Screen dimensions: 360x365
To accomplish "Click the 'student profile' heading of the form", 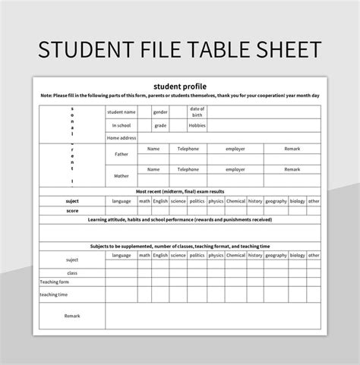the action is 179,85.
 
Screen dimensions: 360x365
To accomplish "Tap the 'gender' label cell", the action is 161,112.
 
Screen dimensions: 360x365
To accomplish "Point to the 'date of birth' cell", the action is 197,112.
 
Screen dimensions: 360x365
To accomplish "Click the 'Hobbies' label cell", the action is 197,125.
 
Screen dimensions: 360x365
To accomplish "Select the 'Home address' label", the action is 121,138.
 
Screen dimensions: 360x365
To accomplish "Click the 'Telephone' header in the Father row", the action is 188,149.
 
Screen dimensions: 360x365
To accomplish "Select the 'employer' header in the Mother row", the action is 235,170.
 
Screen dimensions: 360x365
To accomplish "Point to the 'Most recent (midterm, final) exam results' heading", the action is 180,192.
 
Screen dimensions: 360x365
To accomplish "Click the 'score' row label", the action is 72,210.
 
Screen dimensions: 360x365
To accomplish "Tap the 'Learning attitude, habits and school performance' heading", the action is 180,219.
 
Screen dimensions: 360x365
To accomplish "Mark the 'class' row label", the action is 72,272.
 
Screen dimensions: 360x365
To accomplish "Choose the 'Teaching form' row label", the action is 54,282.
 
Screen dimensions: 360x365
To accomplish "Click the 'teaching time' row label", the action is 54,294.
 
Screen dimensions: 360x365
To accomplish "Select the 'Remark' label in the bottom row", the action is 72,316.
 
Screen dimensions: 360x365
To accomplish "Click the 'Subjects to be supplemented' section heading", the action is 180,247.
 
